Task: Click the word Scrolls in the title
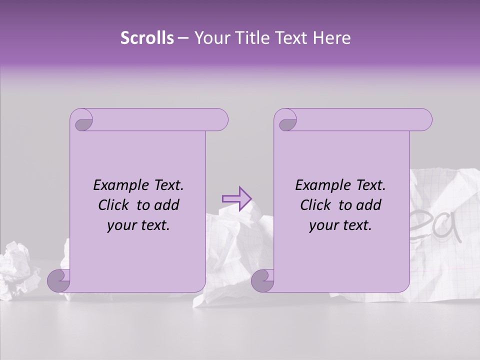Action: click(147, 38)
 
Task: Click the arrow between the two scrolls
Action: click(236, 198)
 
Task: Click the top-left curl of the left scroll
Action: click(82, 121)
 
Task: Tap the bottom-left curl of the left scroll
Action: click(59, 280)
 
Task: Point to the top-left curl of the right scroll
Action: click(286, 121)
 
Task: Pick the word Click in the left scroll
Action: click(114, 205)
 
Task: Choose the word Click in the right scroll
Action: click(316, 205)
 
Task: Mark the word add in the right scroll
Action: click(369, 205)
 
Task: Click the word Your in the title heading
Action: click(210, 38)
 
